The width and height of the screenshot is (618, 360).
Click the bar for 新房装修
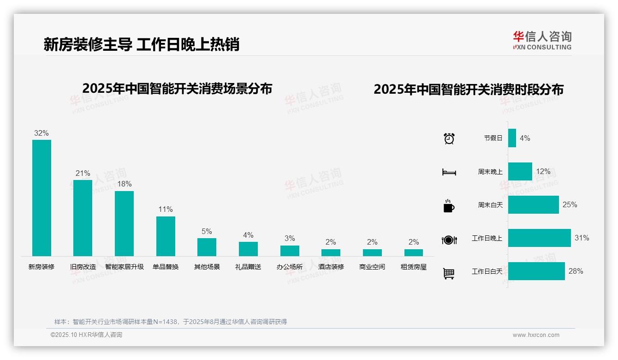pyautogui.click(x=42, y=198)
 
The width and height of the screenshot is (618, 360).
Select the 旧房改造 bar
pyautogui.click(x=83, y=218)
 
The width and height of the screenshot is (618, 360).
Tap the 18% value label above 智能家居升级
pyautogui.click(x=124, y=184)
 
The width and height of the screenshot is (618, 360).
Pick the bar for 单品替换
pyautogui.click(x=166, y=236)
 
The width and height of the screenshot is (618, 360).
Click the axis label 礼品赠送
pyautogui.click(x=248, y=267)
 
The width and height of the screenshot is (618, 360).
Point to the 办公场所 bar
pyautogui.click(x=290, y=251)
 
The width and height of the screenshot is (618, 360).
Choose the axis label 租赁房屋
pyautogui.click(x=414, y=267)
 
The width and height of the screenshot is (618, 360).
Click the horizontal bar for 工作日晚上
pyautogui.click(x=539, y=238)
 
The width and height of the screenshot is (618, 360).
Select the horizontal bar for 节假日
pyautogui.click(x=512, y=138)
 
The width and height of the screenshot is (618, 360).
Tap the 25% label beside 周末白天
pyautogui.click(x=570, y=204)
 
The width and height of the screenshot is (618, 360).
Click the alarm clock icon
pyautogui.click(x=449, y=138)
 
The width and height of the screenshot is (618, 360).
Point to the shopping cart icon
pyautogui.click(x=449, y=273)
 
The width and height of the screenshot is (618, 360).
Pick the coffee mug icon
pyautogui.click(x=449, y=206)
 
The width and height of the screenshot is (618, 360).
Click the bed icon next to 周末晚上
pyautogui.click(x=449, y=172)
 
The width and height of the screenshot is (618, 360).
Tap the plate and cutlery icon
pyautogui.click(x=449, y=240)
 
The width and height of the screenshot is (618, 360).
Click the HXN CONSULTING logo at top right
pyautogui.click(x=542, y=40)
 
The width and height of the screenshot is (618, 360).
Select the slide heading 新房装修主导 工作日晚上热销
pyautogui.click(x=141, y=44)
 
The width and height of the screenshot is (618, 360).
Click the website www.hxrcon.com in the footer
pyautogui.click(x=536, y=335)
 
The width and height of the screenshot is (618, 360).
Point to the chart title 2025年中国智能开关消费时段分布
pyautogui.click(x=469, y=90)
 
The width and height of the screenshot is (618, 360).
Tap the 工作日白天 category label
pyautogui.click(x=487, y=271)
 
